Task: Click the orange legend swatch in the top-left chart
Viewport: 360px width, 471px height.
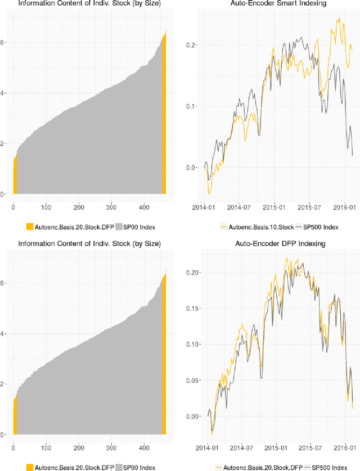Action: coord(30,227)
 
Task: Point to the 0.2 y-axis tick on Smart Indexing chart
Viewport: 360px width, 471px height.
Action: coord(178,45)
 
